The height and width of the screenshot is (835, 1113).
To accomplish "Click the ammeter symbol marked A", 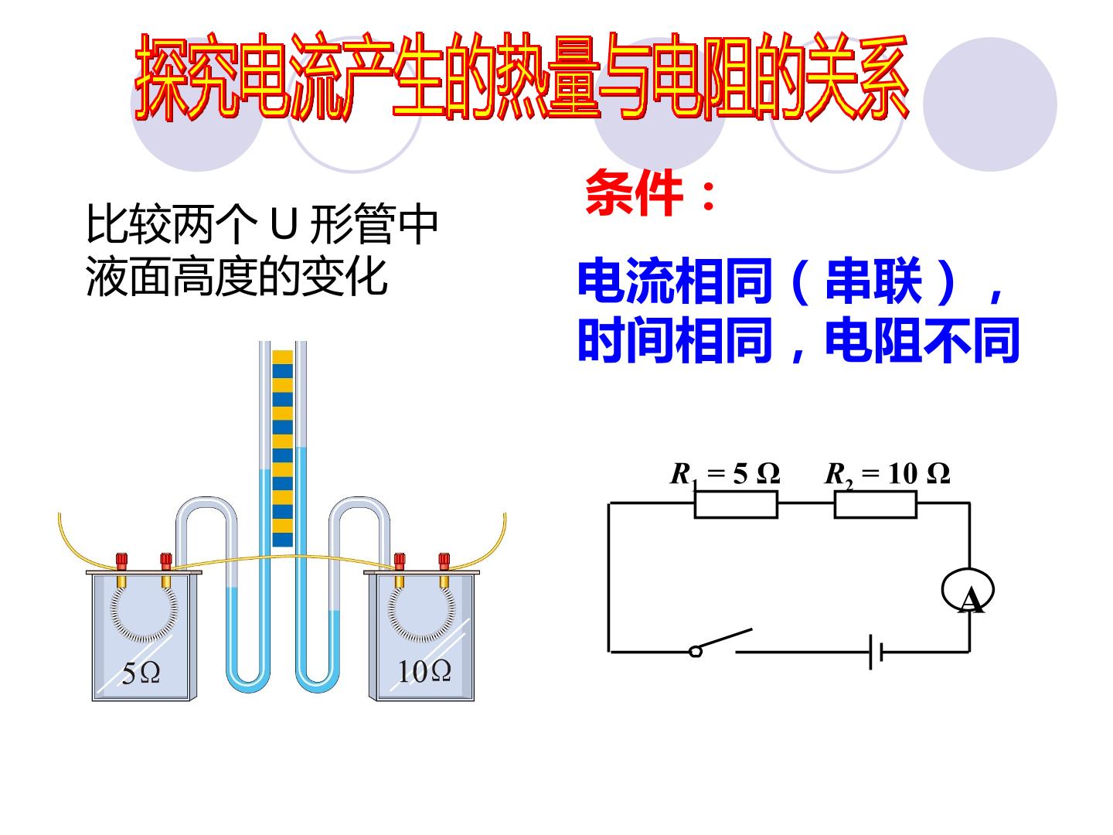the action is pyautogui.click(x=968, y=590).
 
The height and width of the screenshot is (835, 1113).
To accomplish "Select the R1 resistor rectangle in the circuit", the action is pyautogui.click(x=736, y=504).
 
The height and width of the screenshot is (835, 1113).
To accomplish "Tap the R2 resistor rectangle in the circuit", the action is pyautogui.click(x=875, y=504).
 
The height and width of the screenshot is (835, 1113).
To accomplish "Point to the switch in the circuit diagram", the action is pyautogui.click(x=720, y=642).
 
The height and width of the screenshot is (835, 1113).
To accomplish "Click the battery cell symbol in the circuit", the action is pyautogui.click(x=876, y=652).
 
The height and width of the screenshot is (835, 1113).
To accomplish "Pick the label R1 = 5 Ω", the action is pyautogui.click(x=725, y=475).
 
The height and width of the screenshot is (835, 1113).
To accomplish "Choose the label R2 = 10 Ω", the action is pyautogui.click(x=887, y=475).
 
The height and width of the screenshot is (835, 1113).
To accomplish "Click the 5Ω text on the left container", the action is pyautogui.click(x=141, y=673).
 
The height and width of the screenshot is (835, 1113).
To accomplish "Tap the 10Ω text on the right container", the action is pyautogui.click(x=424, y=672).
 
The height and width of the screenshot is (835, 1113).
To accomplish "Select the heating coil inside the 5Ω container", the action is pyautogui.click(x=144, y=614).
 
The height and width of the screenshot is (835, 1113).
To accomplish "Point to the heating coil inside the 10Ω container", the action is pyautogui.click(x=421, y=614).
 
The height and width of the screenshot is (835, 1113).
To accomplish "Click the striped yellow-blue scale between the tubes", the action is pyautogui.click(x=282, y=448).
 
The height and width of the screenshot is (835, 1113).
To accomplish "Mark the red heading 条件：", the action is pyautogui.click(x=651, y=193).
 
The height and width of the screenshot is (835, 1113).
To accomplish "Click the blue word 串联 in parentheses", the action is pyautogui.click(x=873, y=281).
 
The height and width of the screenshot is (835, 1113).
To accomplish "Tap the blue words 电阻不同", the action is pyautogui.click(x=922, y=340).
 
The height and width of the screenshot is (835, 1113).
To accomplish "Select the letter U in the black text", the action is pyautogui.click(x=283, y=224).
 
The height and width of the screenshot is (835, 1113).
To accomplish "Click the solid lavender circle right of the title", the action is pyautogui.click(x=990, y=104).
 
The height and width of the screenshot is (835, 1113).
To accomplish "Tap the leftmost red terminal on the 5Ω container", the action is pyautogui.click(x=121, y=561).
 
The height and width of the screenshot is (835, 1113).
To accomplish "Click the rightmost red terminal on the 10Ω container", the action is pyautogui.click(x=444, y=561).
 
